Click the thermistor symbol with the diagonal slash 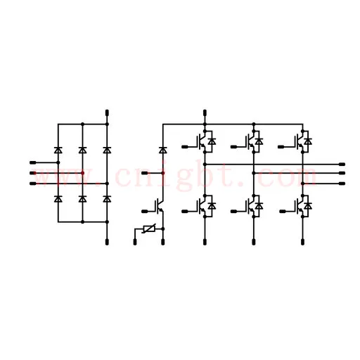click(149, 229)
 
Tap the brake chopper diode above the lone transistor click(163, 150)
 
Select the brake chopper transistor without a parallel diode click(160, 206)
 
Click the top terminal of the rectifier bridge click(107, 113)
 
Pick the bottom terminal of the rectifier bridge click(107, 242)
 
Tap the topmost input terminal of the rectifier click(33, 162)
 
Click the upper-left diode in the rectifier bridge click(58, 150)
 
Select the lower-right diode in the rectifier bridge click(107, 199)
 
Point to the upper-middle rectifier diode click(82, 150)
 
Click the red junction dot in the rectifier click(82, 173)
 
